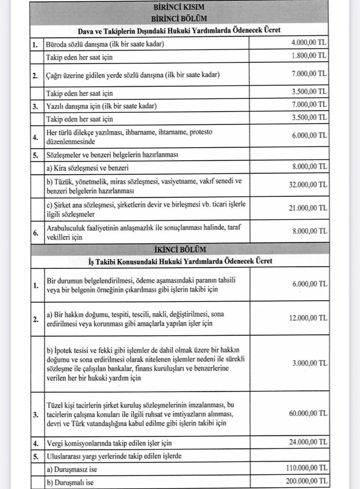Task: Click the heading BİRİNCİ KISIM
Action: (179, 7)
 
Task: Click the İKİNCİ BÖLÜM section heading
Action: (180, 249)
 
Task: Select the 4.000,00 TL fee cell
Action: (309, 43)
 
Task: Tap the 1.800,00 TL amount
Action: (309, 56)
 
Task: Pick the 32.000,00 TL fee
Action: (307, 185)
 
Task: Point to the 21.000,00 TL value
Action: (307, 208)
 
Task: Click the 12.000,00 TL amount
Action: (308, 318)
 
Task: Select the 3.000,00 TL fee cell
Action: (309, 363)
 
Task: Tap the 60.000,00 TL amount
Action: (308, 414)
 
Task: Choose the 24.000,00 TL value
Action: (308, 442)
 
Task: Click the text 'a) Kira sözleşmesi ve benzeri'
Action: (87, 168)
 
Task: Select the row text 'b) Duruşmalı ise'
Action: (70, 482)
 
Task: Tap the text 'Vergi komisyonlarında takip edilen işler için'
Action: (109, 443)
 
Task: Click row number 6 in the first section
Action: (36, 233)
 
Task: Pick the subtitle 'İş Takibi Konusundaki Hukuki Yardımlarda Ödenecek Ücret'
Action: (180, 261)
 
